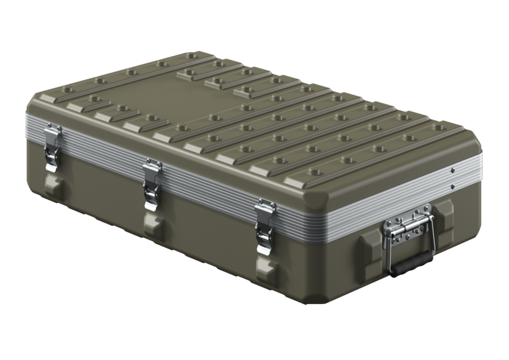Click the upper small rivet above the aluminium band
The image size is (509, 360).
452,170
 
